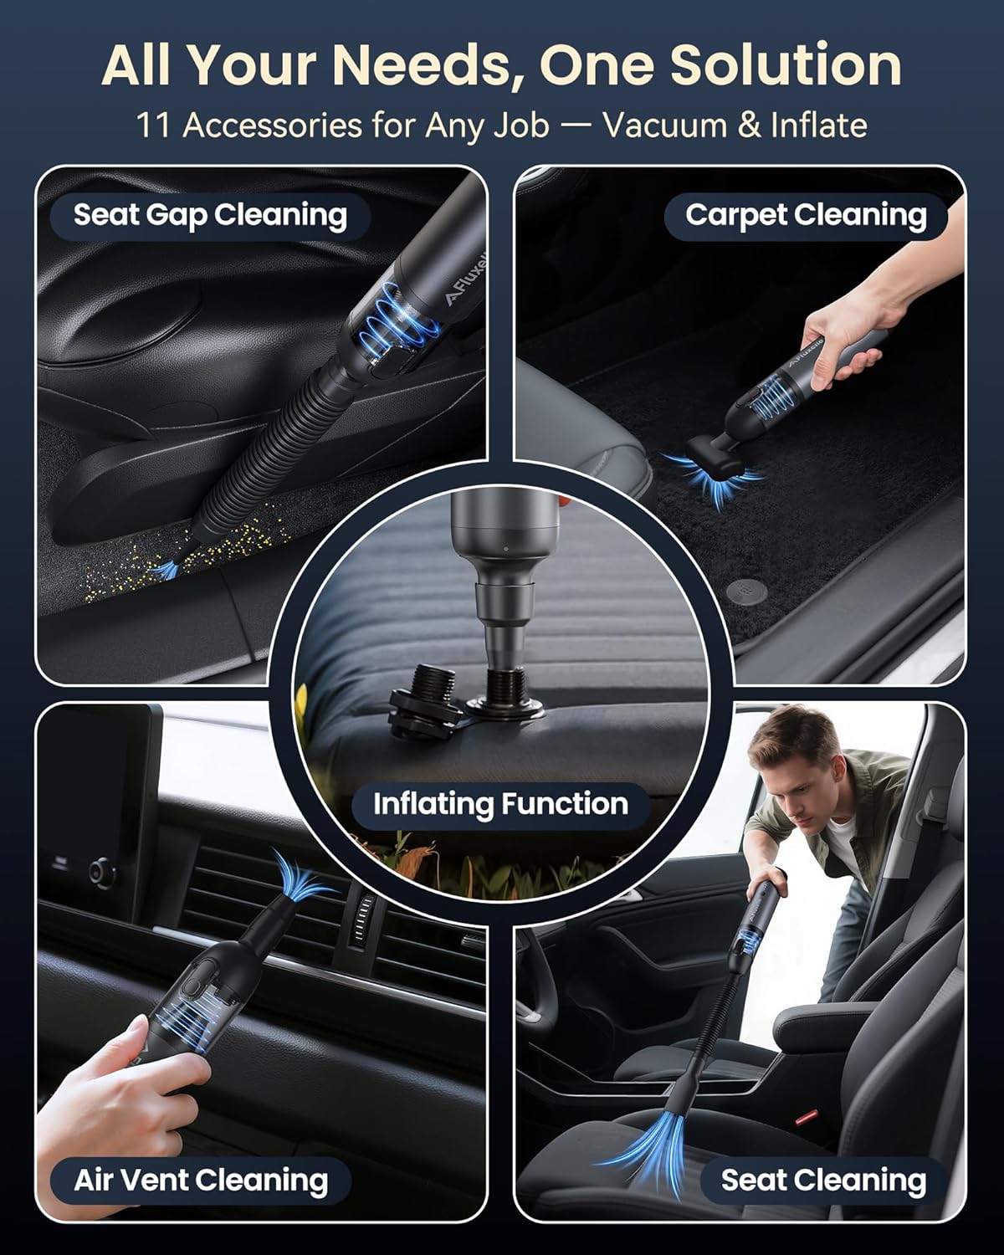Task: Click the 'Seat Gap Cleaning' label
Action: tap(210, 215)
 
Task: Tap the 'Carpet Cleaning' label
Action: tap(806, 215)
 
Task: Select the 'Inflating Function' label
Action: tap(500, 804)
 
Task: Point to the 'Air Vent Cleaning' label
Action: tap(201, 1180)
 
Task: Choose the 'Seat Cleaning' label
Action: tap(823, 1180)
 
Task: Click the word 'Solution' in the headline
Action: tap(786, 65)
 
